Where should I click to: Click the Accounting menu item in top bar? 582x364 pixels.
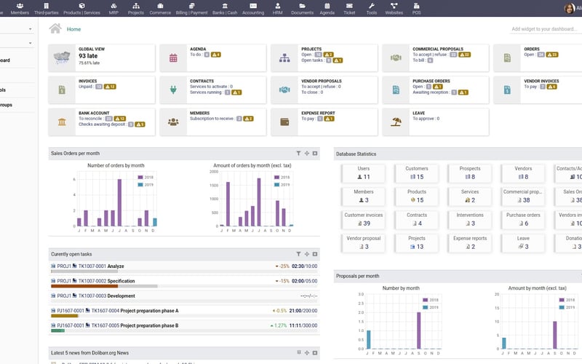[x=253, y=8]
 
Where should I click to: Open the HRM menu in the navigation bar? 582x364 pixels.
[x=277, y=8]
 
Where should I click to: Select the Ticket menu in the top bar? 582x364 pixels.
[x=351, y=8]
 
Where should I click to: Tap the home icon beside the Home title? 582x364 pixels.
[x=55, y=28]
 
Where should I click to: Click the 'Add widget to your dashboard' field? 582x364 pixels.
[x=546, y=29]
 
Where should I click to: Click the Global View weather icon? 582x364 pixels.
[x=62, y=57]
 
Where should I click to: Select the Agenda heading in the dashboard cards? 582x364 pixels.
[x=198, y=49]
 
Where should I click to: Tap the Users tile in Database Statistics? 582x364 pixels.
[x=364, y=173]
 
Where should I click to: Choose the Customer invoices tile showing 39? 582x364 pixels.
[x=364, y=219]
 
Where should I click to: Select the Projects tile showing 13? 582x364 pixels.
[x=416, y=242]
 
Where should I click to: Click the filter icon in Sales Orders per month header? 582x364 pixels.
[x=298, y=154]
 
